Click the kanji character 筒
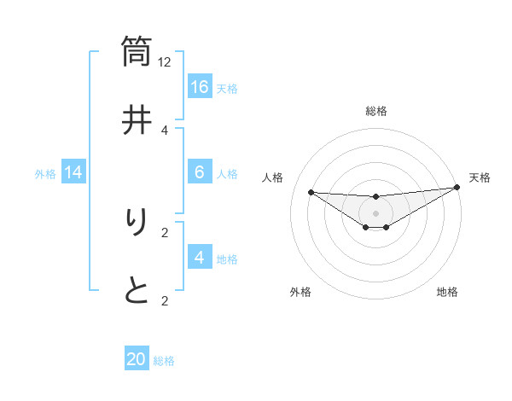tap(137, 50)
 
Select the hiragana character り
tap(137, 224)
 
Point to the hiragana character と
tap(137, 291)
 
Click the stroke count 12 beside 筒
tap(165, 61)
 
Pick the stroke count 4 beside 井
tap(165, 130)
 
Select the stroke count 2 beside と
tap(165, 300)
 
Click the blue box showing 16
tap(200, 87)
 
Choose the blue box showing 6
tap(200, 172)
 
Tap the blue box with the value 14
tap(73, 173)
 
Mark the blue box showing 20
tap(137, 359)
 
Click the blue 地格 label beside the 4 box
tap(227, 259)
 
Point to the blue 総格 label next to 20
tap(164, 361)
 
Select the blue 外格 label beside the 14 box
tap(45, 174)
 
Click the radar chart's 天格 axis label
tap(480, 177)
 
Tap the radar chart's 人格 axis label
tap(273, 177)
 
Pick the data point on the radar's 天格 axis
tap(457, 188)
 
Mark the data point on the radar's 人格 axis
tap(311, 192)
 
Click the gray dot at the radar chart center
tap(375, 212)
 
